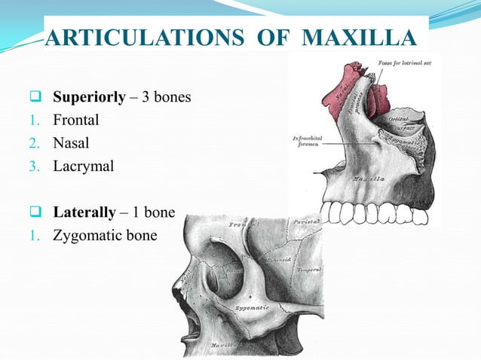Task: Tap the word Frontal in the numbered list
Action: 75,121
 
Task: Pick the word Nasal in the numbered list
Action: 71,142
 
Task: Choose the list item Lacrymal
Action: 83,165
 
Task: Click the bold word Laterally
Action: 84,213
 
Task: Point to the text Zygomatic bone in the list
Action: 105,236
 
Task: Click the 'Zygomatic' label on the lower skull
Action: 251,309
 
